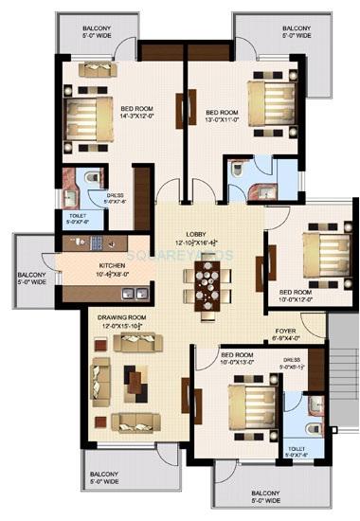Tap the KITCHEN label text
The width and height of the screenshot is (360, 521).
pos(114,266)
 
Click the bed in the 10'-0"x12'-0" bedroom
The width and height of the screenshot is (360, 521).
pos(324,254)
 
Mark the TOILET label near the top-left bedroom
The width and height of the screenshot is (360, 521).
pos(78,214)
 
